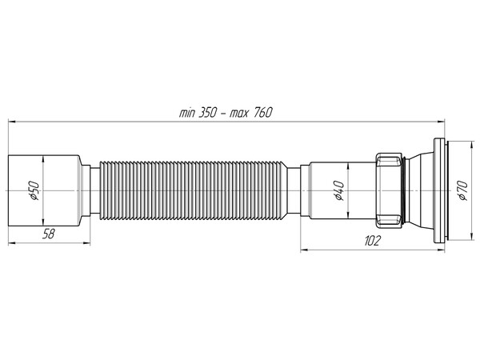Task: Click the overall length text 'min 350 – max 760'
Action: coord(226,112)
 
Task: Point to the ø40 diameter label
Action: coord(339,192)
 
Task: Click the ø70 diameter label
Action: coord(461,190)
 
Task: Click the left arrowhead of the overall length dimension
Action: coord(11,122)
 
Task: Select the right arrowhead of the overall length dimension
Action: coord(444,122)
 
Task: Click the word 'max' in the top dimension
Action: coord(240,112)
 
